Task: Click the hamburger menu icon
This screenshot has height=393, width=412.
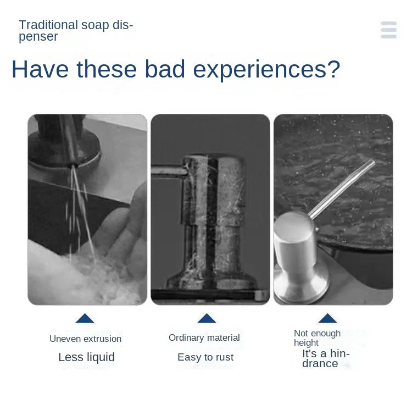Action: point(388,30)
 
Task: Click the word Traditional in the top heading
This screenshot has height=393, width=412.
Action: point(48,25)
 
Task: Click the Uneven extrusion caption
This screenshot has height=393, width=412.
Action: point(85,339)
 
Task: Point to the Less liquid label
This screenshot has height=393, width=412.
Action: point(86,357)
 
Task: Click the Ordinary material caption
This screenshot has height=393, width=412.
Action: point(204,337)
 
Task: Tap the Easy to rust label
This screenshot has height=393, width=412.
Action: point(205,357)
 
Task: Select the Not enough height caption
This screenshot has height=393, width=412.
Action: point(317,337)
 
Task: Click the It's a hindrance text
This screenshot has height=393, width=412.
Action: point(325,358)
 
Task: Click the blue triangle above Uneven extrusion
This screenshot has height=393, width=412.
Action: point(85,318)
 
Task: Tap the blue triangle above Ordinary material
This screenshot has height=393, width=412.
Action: point(207,318)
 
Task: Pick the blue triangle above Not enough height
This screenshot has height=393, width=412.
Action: point(327,318)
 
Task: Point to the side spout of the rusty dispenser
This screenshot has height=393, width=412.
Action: point(168,171)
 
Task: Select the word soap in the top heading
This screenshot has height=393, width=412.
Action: point(96,25)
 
